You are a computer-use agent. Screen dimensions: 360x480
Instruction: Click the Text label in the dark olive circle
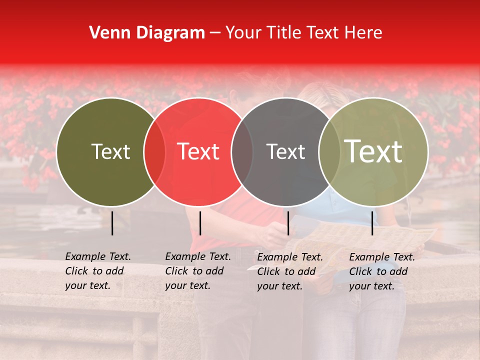click(x=110, y=151)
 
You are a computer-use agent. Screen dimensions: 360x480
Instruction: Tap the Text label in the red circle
click(x=198, y=151)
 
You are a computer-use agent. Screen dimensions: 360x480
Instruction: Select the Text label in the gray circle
click(x=285, y=151)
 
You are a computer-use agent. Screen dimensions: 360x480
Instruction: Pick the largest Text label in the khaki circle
click(x=373, y=151)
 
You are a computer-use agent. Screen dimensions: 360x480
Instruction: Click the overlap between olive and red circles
click(x=154, y=151)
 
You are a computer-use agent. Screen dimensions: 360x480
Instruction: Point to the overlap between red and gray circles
click(x=242, y=151)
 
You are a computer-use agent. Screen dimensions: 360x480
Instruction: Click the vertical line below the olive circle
click(x=112, y=223)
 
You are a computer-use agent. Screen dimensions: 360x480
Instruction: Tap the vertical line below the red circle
click(x=200, y=223)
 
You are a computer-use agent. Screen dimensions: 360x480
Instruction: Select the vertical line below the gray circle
click(x=288, y=223)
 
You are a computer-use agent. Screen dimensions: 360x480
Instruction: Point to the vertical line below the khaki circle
click(x=372, y=223)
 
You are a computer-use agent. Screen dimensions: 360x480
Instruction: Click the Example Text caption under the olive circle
click(x=98, y=271)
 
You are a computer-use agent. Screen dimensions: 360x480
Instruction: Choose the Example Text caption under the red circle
click(x=198, y=271)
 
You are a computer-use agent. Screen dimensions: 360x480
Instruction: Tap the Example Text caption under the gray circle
click(x=290, y=271)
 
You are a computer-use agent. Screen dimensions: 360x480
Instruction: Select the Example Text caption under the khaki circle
click(x=382, y=271)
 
